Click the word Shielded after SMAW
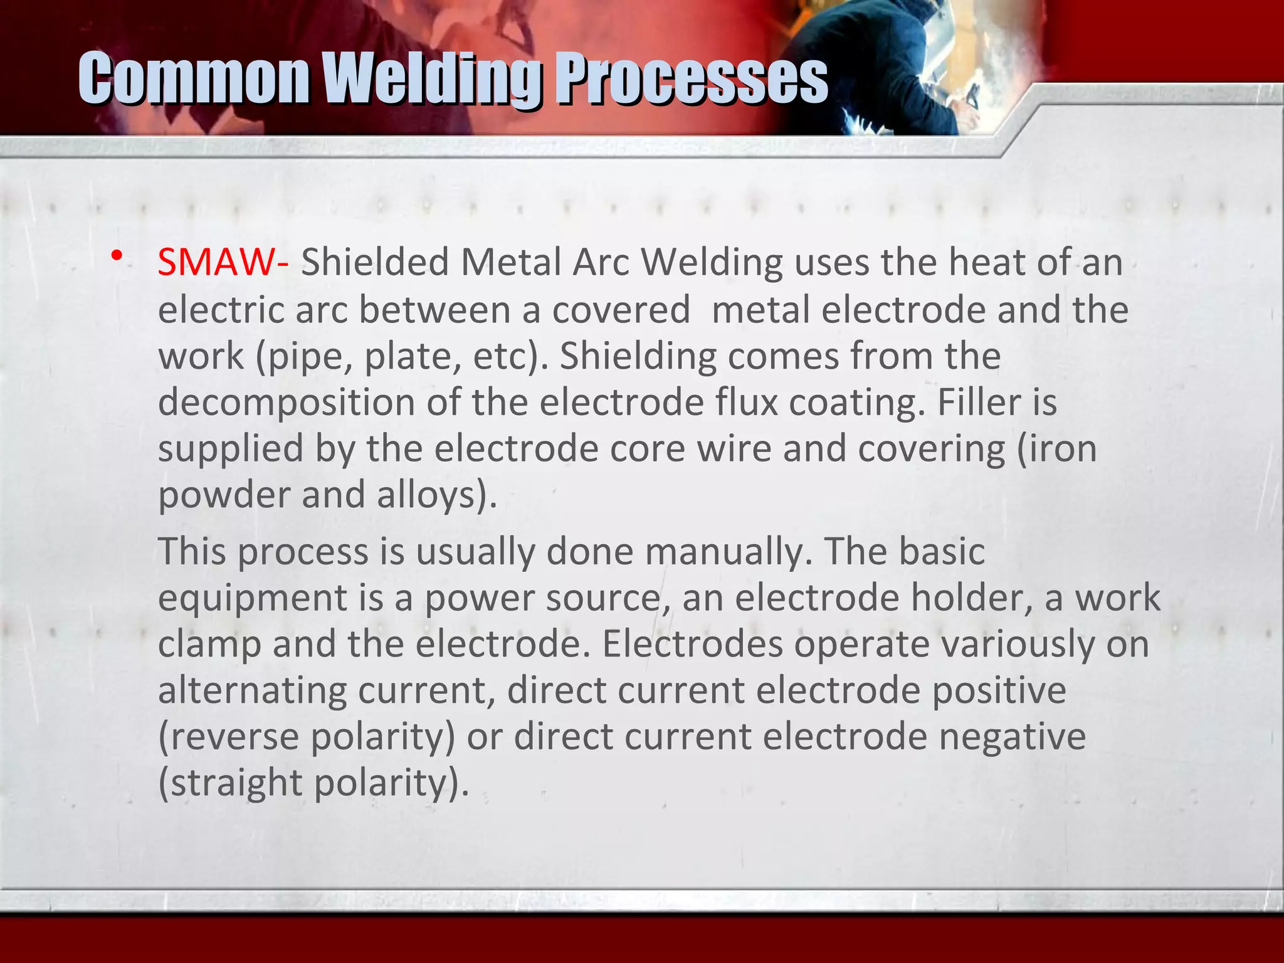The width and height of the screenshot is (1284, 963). [375, 262]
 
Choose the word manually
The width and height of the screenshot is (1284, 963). [724, 552]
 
